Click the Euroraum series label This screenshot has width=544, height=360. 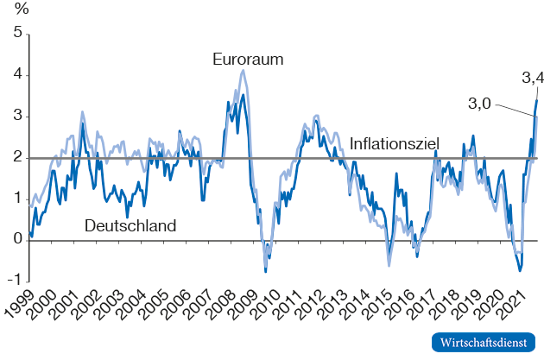coord(249,60)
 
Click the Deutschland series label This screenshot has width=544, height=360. coord(130,226)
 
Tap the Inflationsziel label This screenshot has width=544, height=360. coord(395,142)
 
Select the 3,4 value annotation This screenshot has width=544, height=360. coord(533,79)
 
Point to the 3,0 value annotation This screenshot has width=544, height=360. coord(479,103)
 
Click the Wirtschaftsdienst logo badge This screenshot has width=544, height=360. coord(484,343)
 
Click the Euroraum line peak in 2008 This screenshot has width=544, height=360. coord(244,71)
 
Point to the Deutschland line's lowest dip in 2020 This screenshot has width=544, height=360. coord(520,271)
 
